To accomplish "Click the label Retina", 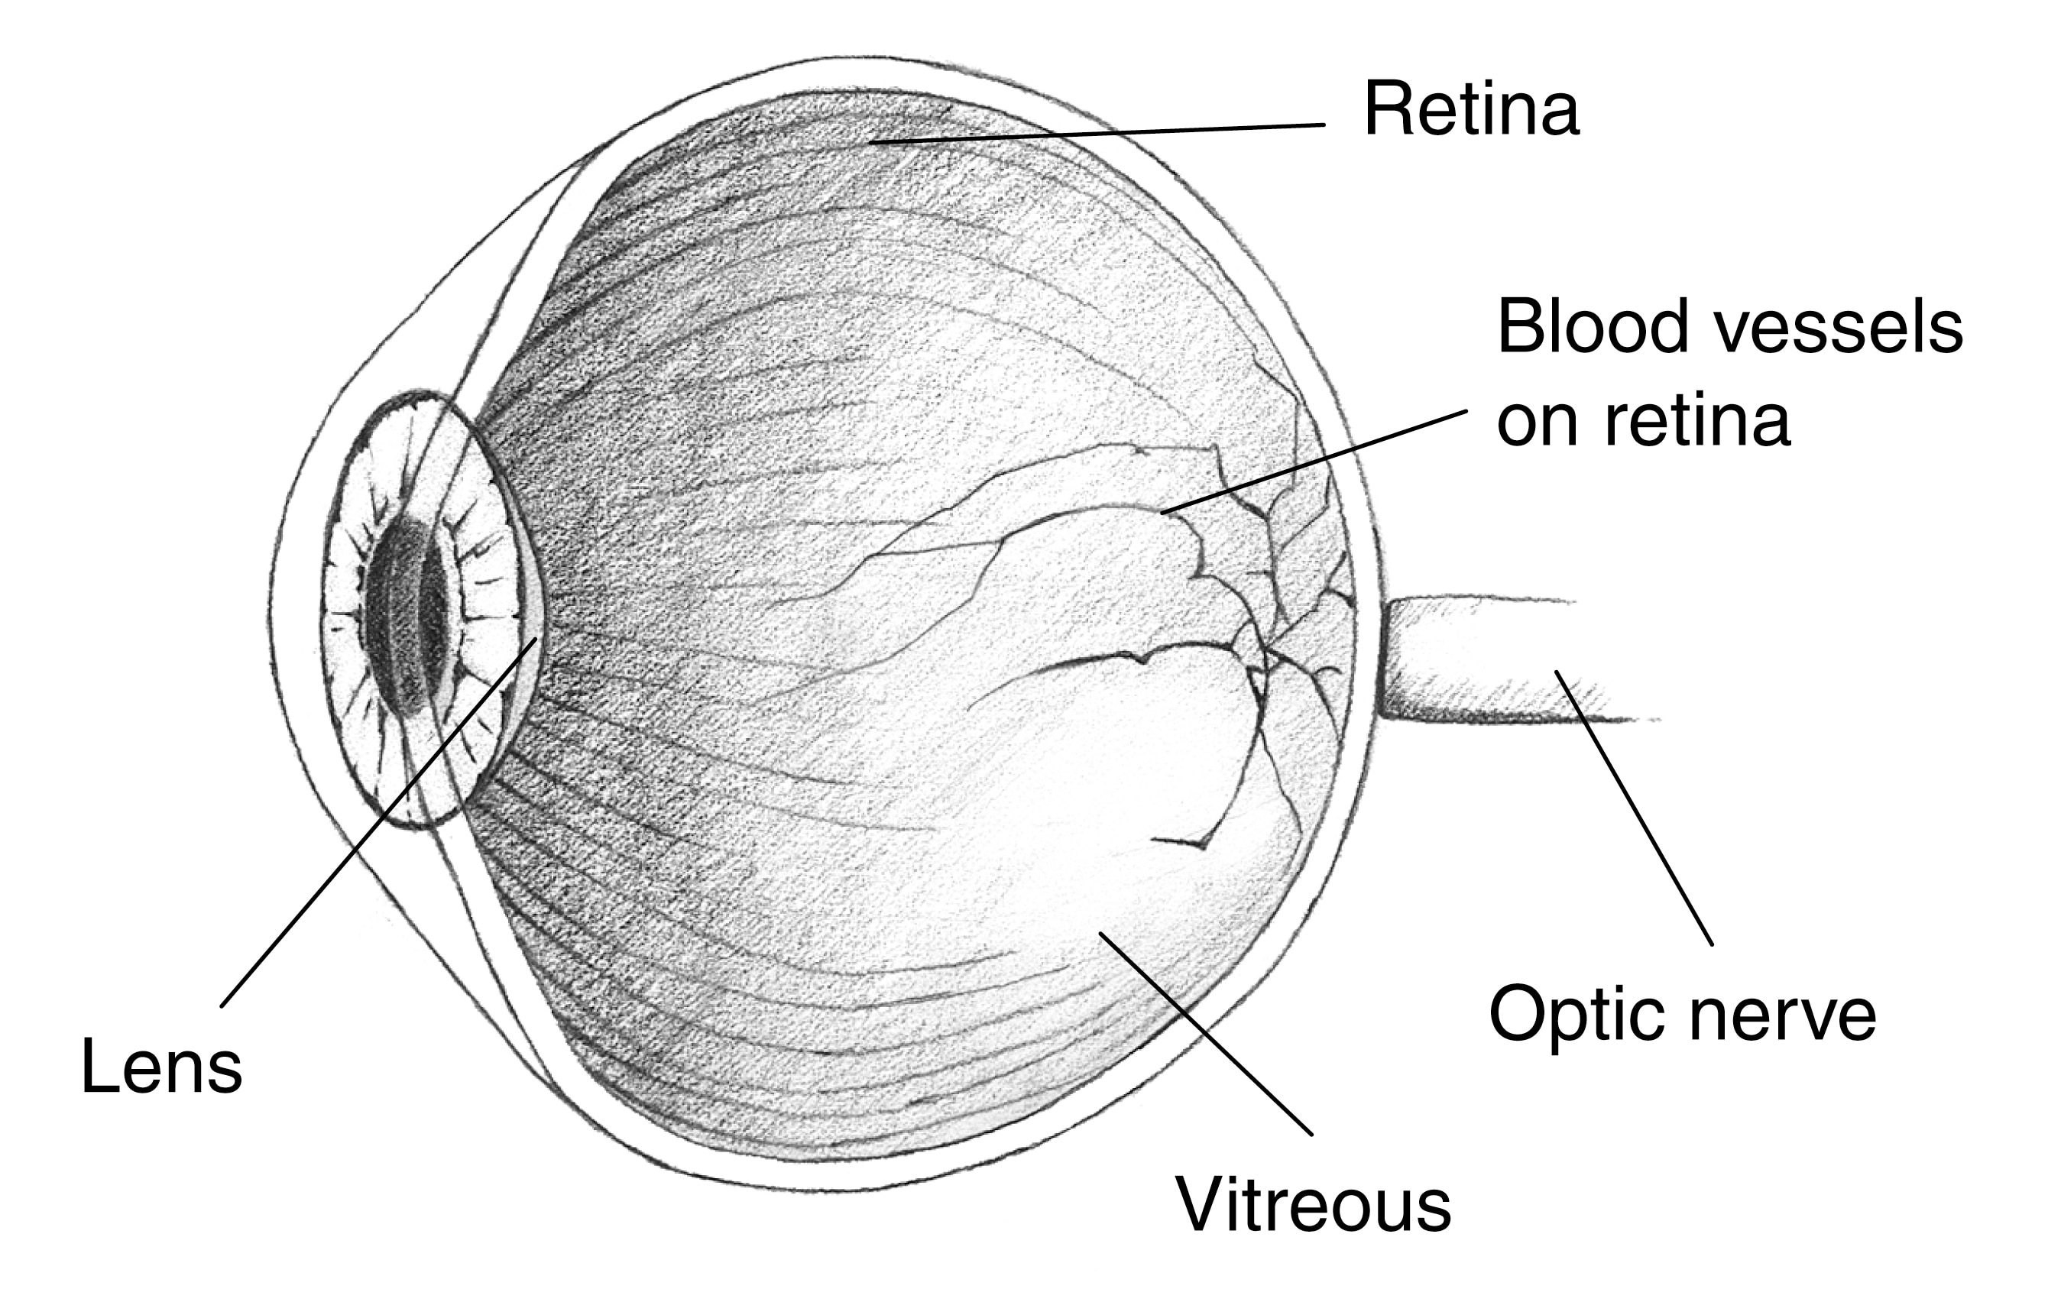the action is tap(1471, 110).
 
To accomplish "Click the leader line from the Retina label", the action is tap(1097, 134).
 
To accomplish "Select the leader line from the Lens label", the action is tap(379, 821).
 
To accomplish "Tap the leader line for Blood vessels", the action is tap(1314, 462).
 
